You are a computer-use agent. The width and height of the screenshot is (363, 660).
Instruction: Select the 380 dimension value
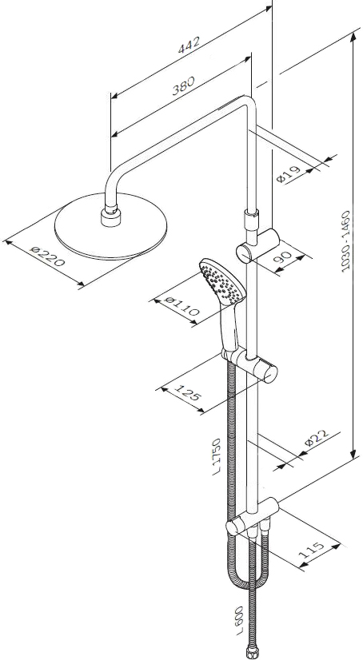click(183, 85)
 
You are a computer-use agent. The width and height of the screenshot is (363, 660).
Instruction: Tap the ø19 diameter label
click(289, 174)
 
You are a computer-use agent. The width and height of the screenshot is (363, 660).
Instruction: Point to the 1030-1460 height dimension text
click(346, 241)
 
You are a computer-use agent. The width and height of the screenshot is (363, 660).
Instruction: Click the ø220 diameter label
click(48, 256)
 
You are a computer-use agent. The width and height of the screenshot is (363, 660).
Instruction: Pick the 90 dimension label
click(283, 257)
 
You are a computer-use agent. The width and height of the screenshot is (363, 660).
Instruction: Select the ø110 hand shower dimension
click(182, 306)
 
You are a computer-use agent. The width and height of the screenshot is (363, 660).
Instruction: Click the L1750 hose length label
click(217, 457)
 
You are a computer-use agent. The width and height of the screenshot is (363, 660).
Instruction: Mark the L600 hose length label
click(240, 620)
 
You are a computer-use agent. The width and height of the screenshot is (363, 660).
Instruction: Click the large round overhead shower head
click(111, 226)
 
